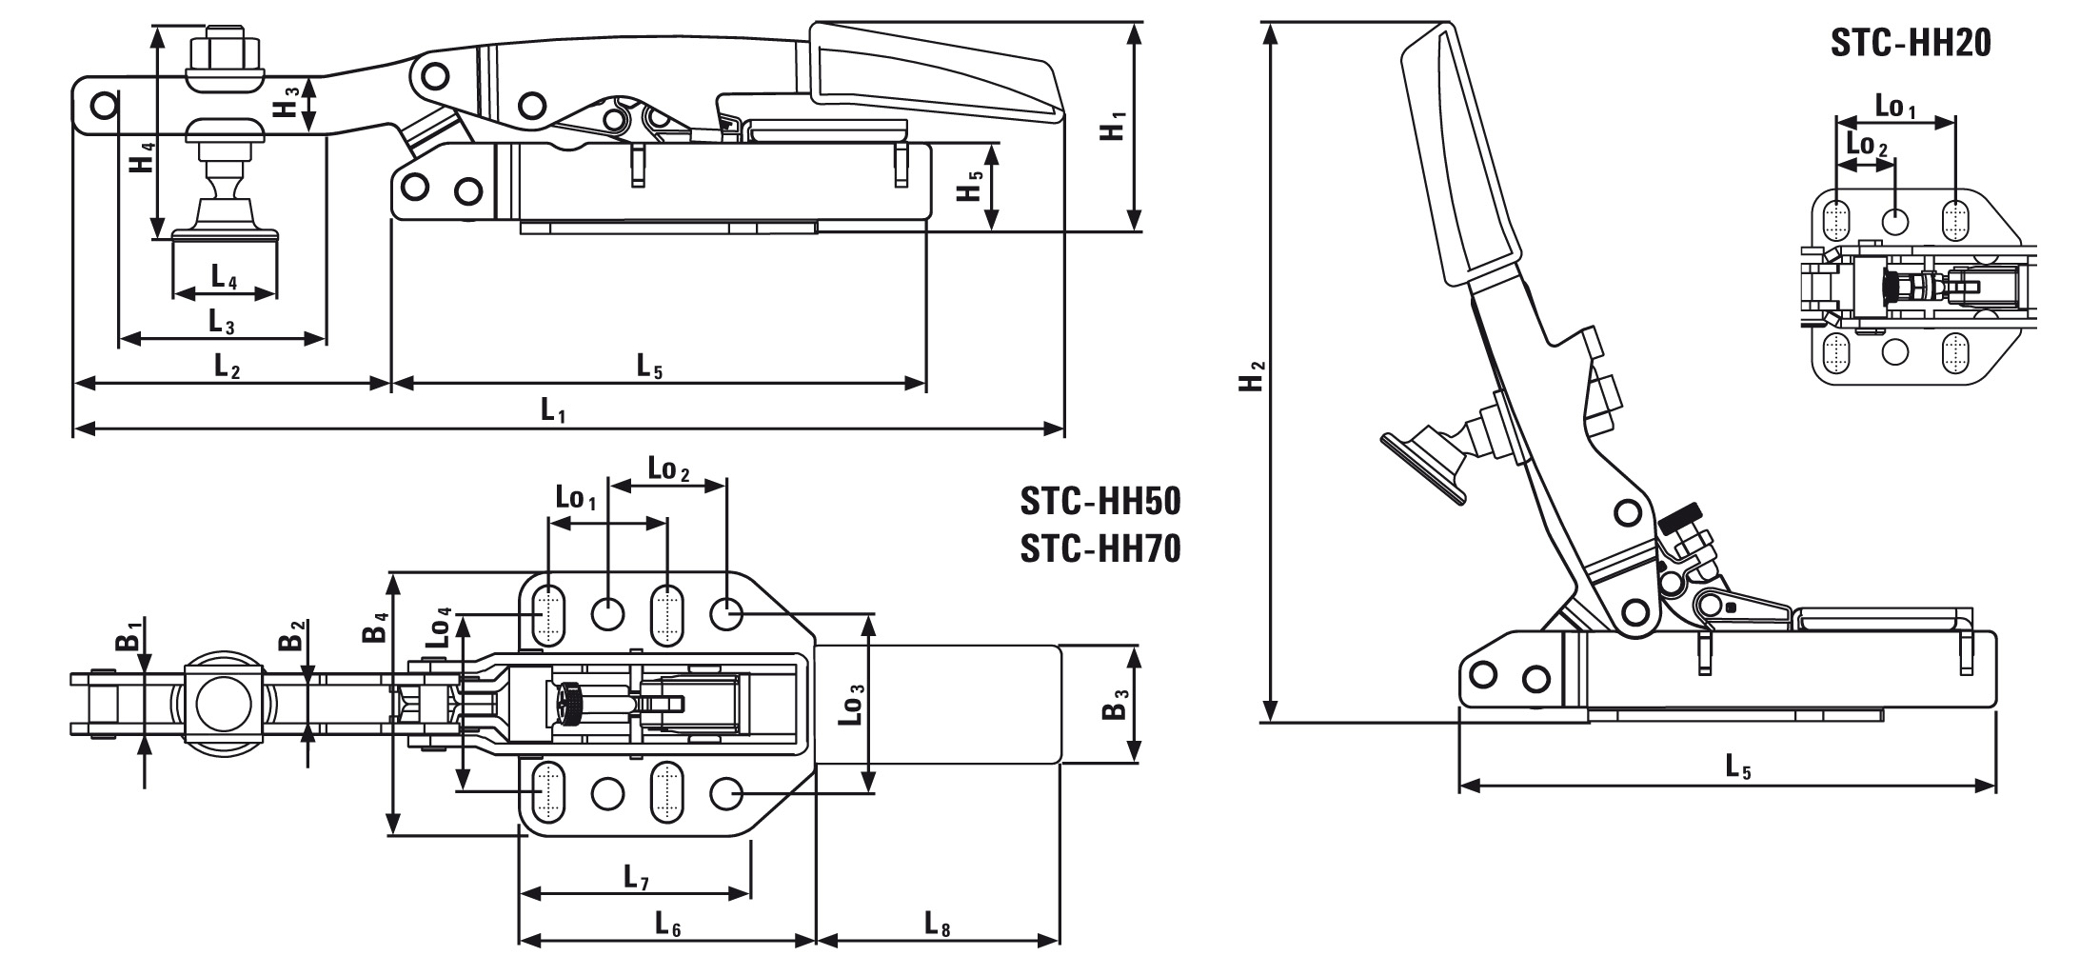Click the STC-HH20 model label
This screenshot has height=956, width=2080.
(x=1910, y=43)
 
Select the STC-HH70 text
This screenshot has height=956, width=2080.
(x=1099, y=548)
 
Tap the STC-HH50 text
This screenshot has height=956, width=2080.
(x=1099, y=501)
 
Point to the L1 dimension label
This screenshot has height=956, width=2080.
(x=554, y=410)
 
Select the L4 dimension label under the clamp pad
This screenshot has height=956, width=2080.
(x=224, y=277)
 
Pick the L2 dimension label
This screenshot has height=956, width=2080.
(x=226, y=365)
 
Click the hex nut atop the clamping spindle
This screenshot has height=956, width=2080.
(x=225, y=48)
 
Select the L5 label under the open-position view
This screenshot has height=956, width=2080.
(x=1738, y=767)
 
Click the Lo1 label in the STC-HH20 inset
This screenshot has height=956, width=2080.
(x=1894, y=107)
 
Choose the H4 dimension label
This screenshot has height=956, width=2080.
(x=141, y=157)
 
